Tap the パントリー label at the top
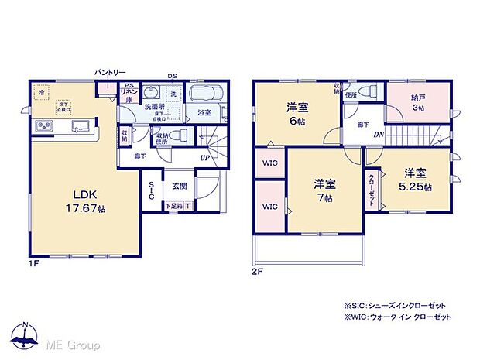(110, 73)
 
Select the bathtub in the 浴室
(205, 98)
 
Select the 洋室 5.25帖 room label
(416, 180)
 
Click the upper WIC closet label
(270, 163)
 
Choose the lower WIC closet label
(270, 207)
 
